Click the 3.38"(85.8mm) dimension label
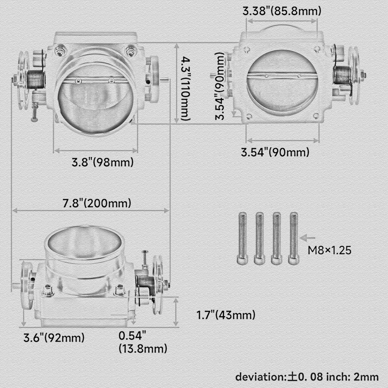point(282,11)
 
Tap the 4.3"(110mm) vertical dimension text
point(184,89)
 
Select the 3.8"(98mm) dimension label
point(102,162)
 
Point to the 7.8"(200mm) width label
point(97,203)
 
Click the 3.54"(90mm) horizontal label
point(275,152)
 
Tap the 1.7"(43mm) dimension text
point(226,315)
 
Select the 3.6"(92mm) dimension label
point(54,337)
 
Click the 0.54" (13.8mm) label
point(142,342)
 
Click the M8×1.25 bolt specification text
point(329,250)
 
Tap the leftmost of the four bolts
point(242,238)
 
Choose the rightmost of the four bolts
point(293,238)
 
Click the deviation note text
point(307,377)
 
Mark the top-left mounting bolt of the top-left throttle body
point(61,51)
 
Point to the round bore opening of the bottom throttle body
point(84,245)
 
